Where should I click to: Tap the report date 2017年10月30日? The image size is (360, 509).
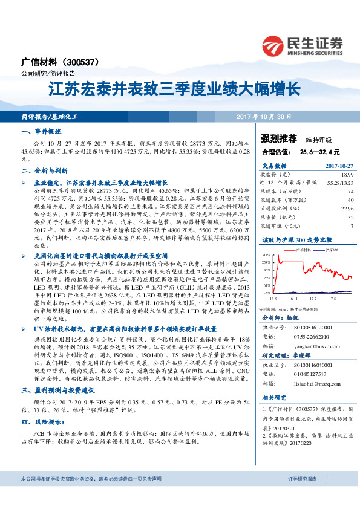coord(264,115)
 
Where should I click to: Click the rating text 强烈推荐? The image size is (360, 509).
coord(279,138)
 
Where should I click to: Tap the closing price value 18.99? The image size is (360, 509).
coord(347,174)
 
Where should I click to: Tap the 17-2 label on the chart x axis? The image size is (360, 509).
coord(313,298)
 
